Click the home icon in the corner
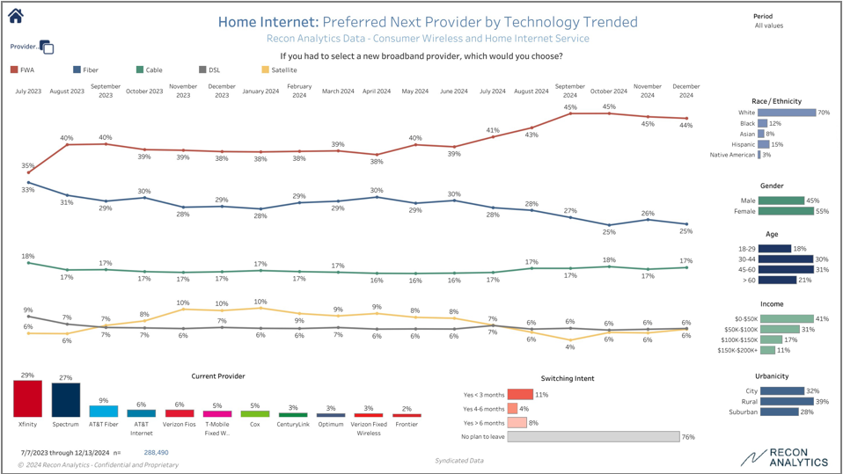coord(15,15)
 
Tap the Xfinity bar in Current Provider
coord(27,399)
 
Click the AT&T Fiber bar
coord(104,411)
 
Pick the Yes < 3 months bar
coord(520,395)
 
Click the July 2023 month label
coord(27,91)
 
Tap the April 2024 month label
coord(377,91)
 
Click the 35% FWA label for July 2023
coord(28,165)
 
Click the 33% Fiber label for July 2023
coord(28,190)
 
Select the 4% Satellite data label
coord(570,346)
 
